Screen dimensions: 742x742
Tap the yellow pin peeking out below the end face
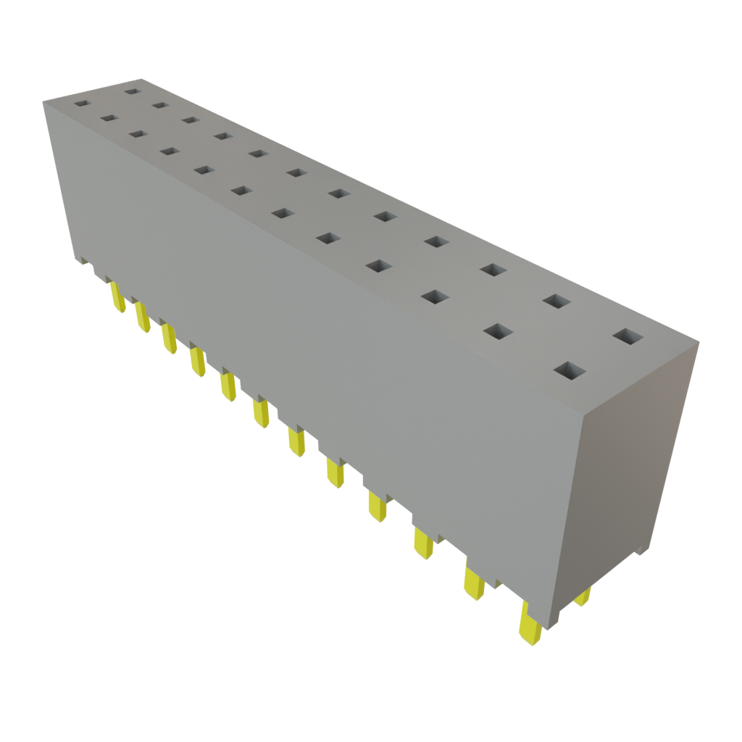tap(582, 598)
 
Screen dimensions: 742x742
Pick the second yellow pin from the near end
tap(474, 584)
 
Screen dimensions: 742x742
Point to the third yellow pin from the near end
tap(423, 543)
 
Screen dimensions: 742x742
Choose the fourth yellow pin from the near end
tap(377, 505)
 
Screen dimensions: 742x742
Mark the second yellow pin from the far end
tap(142, 317)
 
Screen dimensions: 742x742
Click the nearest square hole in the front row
tap(570, 371)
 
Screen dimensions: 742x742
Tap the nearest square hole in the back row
tap(628, 336)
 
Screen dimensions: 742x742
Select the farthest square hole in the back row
tap(131, 91)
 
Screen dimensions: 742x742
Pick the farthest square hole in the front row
tap(80, 104)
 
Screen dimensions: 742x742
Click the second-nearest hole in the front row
tap(497, 331)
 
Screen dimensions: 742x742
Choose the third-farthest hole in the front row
tap(136, 133)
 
